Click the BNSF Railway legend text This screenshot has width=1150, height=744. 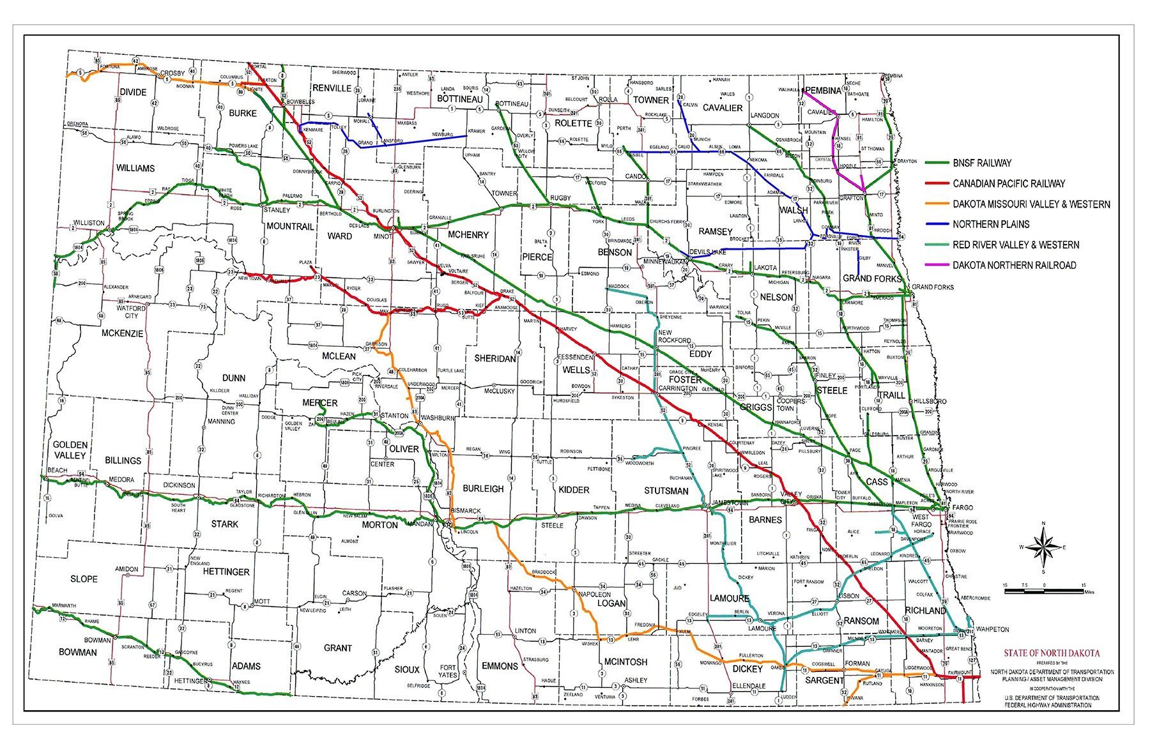[982, 163]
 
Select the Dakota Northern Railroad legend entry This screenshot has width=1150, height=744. [1014, 265]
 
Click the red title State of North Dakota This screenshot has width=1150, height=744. [1052, 653]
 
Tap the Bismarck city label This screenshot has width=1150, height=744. [465, 512]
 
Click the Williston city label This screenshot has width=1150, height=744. [89, 223]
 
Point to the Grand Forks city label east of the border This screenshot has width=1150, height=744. [933, 287]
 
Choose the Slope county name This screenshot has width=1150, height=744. [84, 579]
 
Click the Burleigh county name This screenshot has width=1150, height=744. [484, 489]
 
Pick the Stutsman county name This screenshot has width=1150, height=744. [666, 491]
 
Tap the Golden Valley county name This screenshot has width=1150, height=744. [70, 450]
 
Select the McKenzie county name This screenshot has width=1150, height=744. [123, 333]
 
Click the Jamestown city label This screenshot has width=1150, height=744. [730, 503]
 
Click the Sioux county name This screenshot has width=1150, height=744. [406, 669]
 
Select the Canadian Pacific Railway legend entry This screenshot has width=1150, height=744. [1009, 184]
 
